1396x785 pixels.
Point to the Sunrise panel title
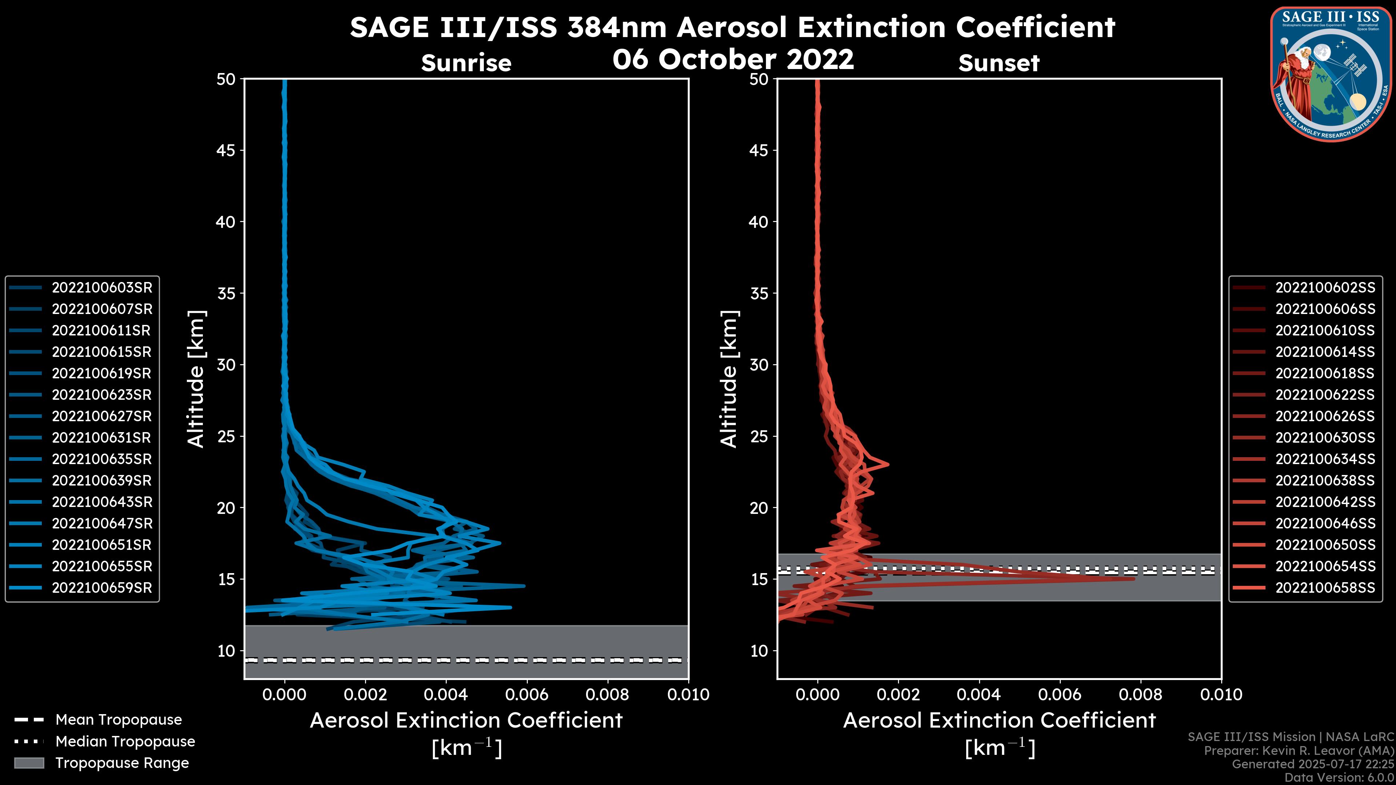click(466, 63)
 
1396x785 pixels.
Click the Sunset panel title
click(999, 63)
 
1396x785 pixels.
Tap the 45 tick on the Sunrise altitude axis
click(226, 150)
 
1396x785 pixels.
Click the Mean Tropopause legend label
click(119, 720)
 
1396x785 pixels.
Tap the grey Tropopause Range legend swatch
click(29, 763)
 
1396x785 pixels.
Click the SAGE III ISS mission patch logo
click(1331, 73)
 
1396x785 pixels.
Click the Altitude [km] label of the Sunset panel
click(729, 379)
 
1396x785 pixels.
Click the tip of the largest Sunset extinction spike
click(1134, 579)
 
